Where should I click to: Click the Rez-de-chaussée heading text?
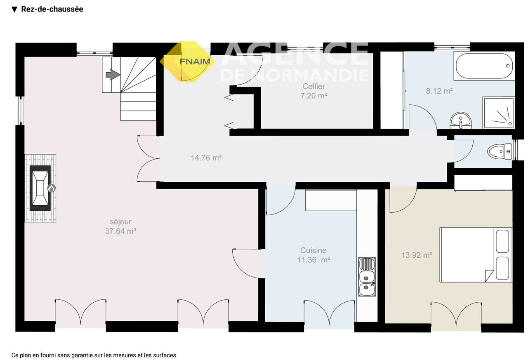[x=52, y=9]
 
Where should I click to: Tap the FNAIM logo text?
[x=195, y=61]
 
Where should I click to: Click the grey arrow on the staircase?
[x=113, y=75]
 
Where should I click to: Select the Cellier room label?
[x=314, y=87]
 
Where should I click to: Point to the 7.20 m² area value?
[x=314, y=96]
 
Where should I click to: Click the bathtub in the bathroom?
[x=484, y=66]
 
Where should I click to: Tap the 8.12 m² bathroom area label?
[x=439, y=91]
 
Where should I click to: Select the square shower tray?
[x=498, y=113]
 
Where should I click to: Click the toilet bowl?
[x=500, y=152]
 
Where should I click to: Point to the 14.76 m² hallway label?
[x=206, y=158]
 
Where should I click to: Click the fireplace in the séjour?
[x=40, y=188]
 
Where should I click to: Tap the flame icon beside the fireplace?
[x=52, y=188]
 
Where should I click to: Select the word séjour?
[x=120, y=222]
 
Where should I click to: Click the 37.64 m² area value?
[x=120, y=231]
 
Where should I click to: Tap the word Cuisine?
[x=313, y=250]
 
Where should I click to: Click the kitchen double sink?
[x=367, y=277]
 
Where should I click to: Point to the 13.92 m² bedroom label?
[x=417, y=255]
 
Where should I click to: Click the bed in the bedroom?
[x=476, y=255]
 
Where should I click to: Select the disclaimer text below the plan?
[x=94, y=355]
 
